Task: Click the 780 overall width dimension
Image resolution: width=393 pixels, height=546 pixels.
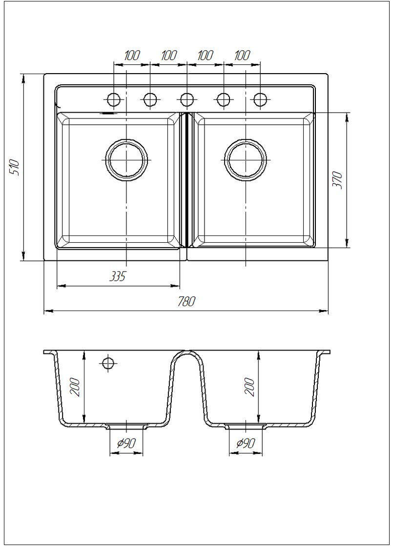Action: pyautogui.click(x=186, y=301)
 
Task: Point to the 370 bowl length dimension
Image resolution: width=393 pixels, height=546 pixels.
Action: pyautogui.click(x=337, y=180)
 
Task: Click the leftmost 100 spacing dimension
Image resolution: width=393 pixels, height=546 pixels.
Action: pyautogui.click(x=132, y=56)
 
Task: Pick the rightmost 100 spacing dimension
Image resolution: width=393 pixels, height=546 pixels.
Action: pyautogui.click(x=242, y=56)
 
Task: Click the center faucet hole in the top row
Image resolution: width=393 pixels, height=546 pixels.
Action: pyautogui.click(x=187, y=100)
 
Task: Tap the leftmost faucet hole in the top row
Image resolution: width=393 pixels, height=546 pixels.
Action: pyautogui.click(x=114, y=100)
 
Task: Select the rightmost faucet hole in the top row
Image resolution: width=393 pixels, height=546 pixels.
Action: pyautogui.click(x=260, y=100)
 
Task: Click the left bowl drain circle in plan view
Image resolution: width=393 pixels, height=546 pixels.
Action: pyautogui.click(x=126, y=160)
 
